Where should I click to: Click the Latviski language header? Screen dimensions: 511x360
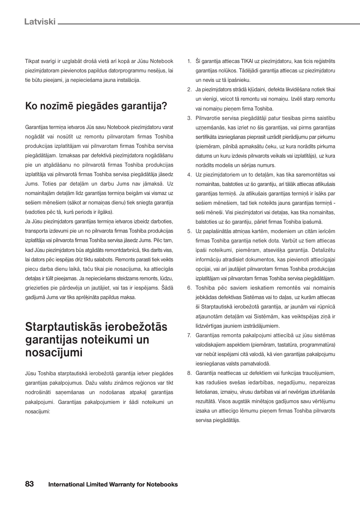[x=40, y=21]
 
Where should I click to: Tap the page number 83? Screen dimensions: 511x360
[x=29, y=484]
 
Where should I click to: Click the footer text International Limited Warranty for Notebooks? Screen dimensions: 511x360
[x=113, y=485]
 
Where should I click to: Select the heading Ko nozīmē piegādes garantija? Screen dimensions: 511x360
[x=96, y=106]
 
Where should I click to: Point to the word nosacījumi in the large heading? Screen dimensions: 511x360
[x=54, y=353]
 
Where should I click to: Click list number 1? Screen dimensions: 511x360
[x=189, y=61]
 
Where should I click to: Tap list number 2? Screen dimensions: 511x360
[x=189, y=89]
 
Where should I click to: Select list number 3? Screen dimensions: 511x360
[x=189, y=118]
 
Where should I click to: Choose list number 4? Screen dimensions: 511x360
[x=189, y=175]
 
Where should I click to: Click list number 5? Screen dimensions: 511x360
[x=189, y=231]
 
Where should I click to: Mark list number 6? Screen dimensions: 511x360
[x=189, y=288]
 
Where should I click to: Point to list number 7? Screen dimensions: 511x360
[x=189, y=335]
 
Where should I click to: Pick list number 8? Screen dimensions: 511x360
[x=189, y=373]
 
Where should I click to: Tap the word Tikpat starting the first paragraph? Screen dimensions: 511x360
[x=33, y=61]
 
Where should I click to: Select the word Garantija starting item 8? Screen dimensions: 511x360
[x=206, y=373]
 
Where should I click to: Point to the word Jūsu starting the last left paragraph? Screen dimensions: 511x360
[x=30, y=373]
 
